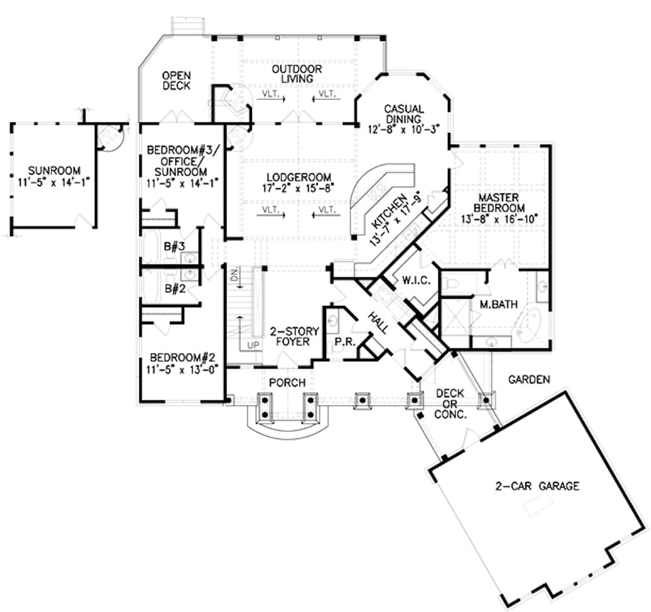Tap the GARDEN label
pos(530,378)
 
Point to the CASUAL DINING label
pos(404,114)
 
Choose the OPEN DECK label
pos(176,80)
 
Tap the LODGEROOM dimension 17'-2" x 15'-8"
pos(299,188)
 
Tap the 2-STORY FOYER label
pos(287,337)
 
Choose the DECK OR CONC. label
pos(450,403)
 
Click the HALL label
pos(380,320)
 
